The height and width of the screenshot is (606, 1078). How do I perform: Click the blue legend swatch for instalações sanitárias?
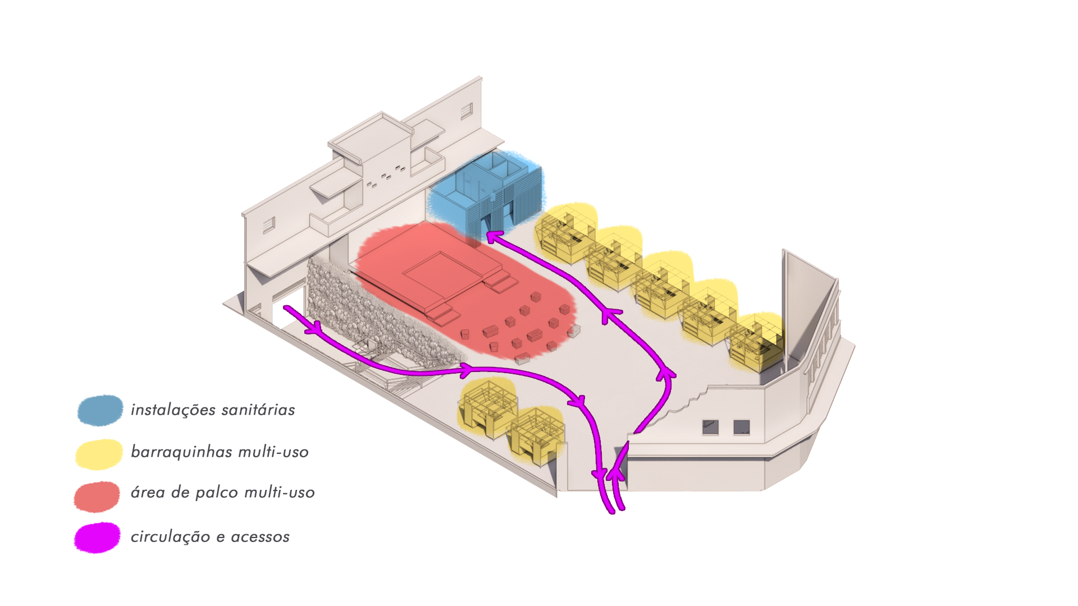pos(100,410)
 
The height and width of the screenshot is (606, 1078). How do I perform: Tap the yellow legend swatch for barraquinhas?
pos(99,454)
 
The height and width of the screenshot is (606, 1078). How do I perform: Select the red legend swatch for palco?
pos(97,497)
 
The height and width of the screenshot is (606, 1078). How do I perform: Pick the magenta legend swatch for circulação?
pos(97,538)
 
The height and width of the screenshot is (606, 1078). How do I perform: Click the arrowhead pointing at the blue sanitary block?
pos(492,238)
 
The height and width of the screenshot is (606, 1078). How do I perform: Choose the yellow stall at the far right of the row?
pos(757,343)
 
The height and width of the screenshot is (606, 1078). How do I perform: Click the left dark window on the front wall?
pos(710,428)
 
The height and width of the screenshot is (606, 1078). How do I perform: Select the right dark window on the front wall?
pos(741,428)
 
